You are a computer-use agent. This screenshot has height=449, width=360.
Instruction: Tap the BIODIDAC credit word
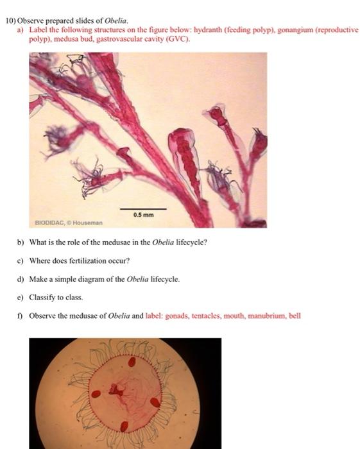point(49,223)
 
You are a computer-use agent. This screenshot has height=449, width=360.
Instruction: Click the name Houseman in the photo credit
point(87,223)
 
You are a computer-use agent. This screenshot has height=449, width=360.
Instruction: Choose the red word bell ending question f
point(294,316)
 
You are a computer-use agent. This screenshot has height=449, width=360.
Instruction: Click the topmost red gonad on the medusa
point(132,362)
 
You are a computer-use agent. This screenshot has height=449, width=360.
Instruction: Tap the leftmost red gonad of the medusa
point(96,393)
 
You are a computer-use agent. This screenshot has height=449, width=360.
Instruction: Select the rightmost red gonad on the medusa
point(155,403)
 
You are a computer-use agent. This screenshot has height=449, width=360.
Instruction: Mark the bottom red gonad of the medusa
point(125,426)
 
